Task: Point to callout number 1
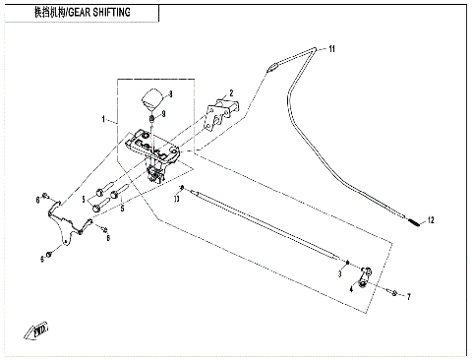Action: [104, 120]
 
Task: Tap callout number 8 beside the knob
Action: [171, 93]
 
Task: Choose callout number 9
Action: [163, 115]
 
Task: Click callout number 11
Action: [332, 47]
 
